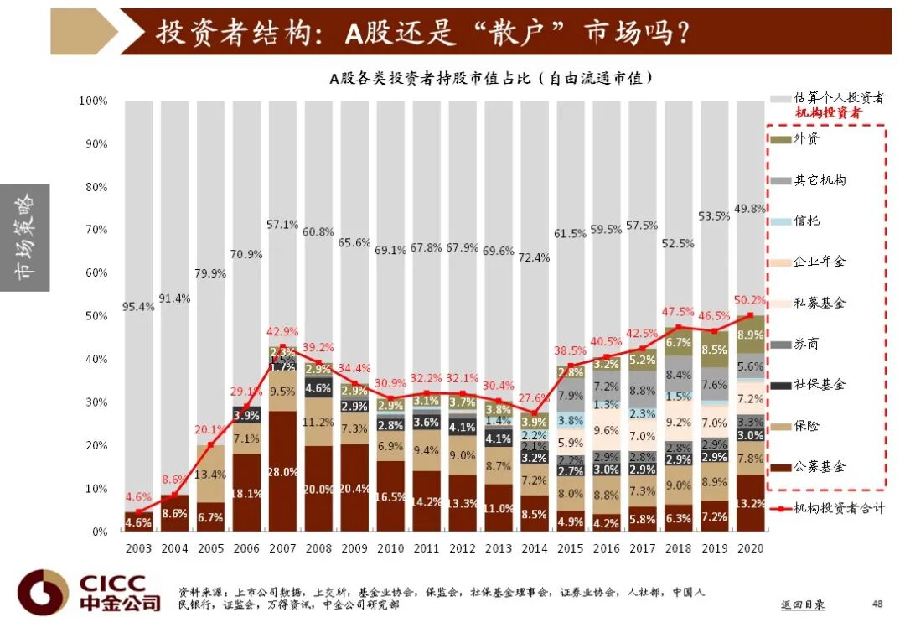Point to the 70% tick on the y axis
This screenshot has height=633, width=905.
point(94,230)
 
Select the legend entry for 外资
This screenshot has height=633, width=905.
point(806,138)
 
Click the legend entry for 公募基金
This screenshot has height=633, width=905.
point(819,466)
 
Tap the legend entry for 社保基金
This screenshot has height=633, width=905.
point(819,384)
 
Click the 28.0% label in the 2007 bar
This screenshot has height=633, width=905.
point(282,472)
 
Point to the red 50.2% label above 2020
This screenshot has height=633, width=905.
point(751,300)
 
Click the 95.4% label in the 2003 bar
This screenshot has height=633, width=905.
point(138,307)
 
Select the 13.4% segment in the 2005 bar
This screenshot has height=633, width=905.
point(210,475)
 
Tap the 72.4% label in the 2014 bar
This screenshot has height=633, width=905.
point(534,258)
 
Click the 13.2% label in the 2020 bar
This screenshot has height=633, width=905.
point(751,504)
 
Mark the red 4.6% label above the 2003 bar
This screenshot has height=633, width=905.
point(138,496)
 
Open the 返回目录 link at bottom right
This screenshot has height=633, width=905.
point(802,604)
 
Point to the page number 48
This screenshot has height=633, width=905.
point(877,604)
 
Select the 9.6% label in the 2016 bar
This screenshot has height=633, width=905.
point(606,430)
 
